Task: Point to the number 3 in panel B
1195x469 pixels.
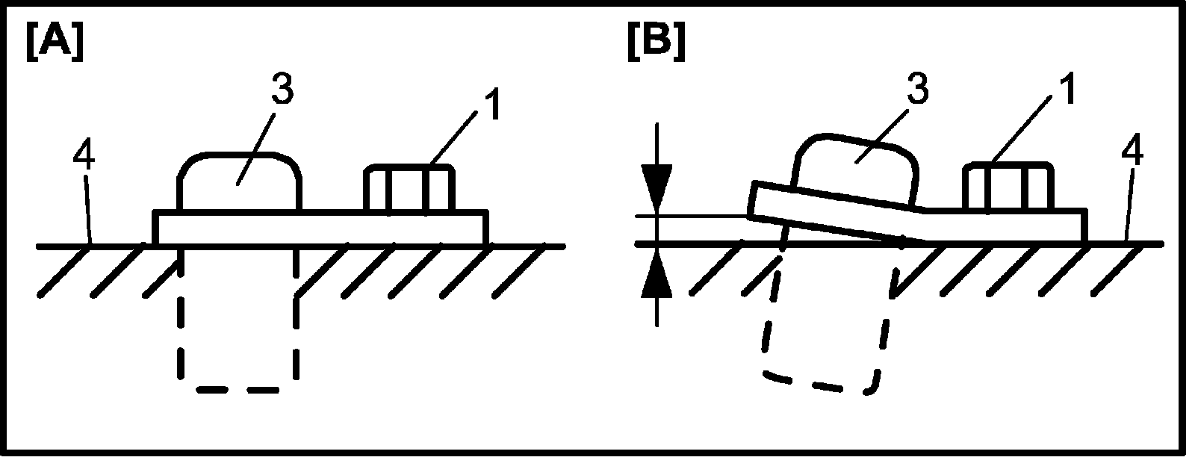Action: (x=916, y=90)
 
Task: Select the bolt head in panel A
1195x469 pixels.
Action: (x=409, y=189)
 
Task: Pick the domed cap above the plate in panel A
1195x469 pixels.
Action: (x=239, y=183)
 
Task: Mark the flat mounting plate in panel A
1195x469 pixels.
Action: (x=321, y=227)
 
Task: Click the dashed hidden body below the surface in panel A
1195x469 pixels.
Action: (x=238, y=329)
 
